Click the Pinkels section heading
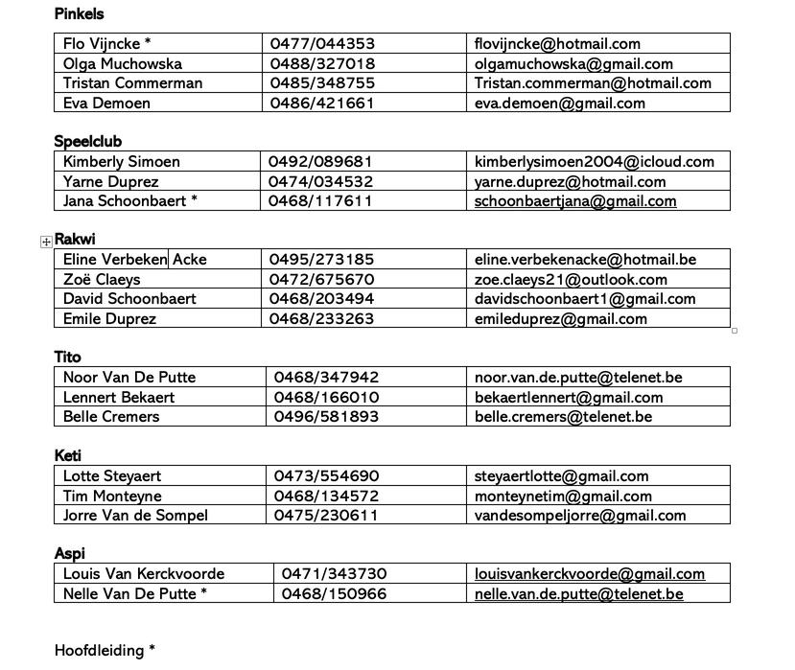[x=79, y=14]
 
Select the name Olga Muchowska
[x=122, y=64]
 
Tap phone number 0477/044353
[x=322, y=44]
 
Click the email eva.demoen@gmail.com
[x=559, y=104]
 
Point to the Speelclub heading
[x=87, y=142]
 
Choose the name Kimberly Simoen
[x=121, y=162]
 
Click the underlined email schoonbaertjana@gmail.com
[x=575, y=201]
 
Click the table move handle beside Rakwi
[x=46, y=242]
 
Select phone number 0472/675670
[x=321, y=280]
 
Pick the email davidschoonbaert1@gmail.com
[x=585, y=299]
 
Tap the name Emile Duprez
[x=109, y=319]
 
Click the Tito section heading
[x=67, y=358]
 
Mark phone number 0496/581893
[x=326, y=417]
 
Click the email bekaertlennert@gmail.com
[x=569, y=398]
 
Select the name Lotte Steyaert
[x=112, y=476]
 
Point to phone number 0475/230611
[x=326, y=516]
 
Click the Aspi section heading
[x=69, y=554]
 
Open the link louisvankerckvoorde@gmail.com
[x=590, y=574]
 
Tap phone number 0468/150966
[x=334, y=594]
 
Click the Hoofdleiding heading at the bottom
[x=105, y=651]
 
